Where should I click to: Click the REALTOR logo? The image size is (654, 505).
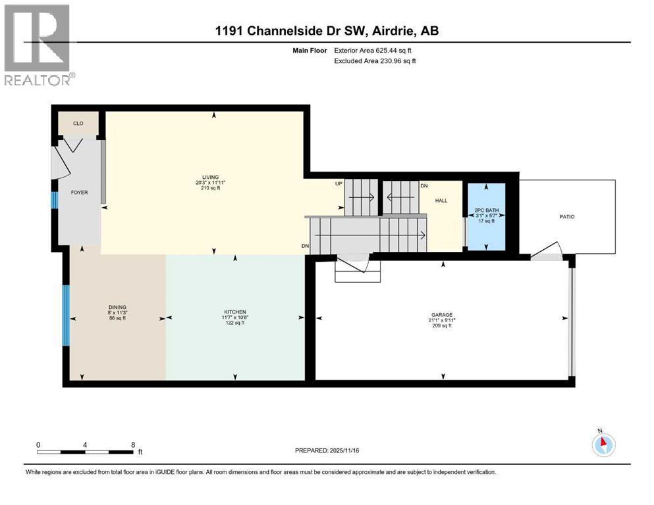(39, 45)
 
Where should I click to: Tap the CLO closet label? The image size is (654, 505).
(78, 123)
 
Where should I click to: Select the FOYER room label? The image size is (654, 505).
(79, 193)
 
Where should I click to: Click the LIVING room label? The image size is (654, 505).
(210, 177)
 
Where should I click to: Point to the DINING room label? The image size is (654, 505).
(117, 307)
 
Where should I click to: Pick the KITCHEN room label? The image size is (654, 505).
(235, 312)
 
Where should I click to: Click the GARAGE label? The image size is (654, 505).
(442, 315)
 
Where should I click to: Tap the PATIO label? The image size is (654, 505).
(567, 216)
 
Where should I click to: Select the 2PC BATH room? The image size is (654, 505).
(486, 216)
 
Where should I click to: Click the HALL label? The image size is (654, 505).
(441, 201)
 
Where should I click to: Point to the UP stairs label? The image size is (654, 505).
(339, 183)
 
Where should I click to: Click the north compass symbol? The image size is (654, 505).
(603, 444)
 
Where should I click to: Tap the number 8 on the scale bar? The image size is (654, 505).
(133, 445)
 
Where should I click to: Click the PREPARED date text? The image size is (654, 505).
(327, 450)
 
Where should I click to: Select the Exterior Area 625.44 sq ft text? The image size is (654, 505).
(373, 51)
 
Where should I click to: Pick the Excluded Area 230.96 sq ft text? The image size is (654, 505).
(375, 60)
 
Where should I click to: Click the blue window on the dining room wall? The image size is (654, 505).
(66, 315)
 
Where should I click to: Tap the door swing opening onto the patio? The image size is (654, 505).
(547, 251)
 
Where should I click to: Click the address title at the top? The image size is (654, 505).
(327, 31)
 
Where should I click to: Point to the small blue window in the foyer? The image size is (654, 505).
(54, 199)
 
